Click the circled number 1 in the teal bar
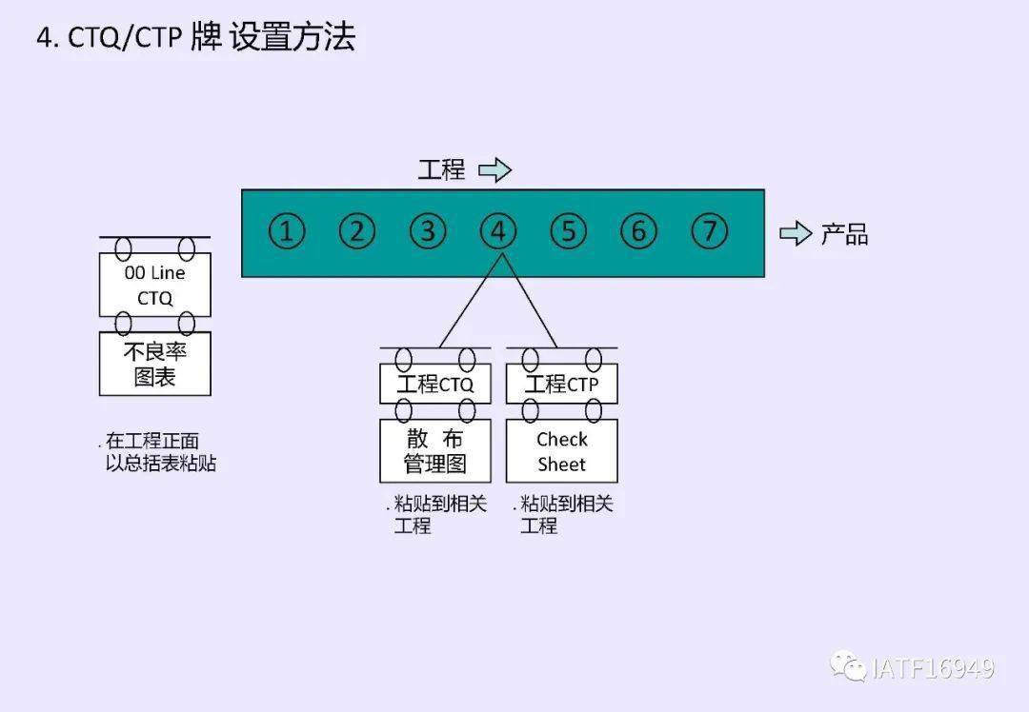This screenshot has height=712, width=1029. pos(287,231)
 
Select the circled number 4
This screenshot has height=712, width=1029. pos(497,231)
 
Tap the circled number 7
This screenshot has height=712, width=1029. pos(709,231)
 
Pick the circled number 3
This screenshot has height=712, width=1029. pos(428,231)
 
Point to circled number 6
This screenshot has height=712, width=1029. pos(638,231)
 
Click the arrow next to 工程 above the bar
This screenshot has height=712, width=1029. pos(494,170)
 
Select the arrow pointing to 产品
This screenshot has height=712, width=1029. pos(796,233)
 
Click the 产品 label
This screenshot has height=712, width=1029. pos(844,234)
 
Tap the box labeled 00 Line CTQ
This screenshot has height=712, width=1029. pos(154,285)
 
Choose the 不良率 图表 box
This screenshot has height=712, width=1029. pos(154,364)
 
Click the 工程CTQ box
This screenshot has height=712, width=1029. pos(435,385)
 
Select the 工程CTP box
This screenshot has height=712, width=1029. pos(561,385)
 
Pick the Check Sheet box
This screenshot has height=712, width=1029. pos(561,451)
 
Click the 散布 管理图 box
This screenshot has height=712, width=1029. pos(435,451)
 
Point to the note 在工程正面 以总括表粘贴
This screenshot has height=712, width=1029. pos(157,453)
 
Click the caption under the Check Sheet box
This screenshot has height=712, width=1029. pos(563,514)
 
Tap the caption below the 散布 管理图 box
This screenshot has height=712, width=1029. pos(437,514)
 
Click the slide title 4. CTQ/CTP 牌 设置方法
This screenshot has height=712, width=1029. pos(195,38)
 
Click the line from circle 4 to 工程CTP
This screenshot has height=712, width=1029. pos(530,303)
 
